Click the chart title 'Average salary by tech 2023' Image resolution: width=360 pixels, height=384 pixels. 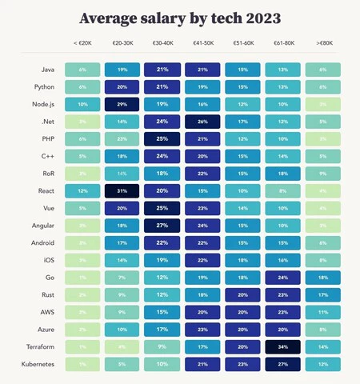pos(180,18)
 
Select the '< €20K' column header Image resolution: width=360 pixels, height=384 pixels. pos(82,44)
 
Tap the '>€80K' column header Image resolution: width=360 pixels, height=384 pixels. pos(322,44)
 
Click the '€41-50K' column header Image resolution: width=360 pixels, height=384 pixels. pos(202,44)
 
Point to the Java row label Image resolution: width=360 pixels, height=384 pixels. pos(44,70)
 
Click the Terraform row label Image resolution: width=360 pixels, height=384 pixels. pos(38,346)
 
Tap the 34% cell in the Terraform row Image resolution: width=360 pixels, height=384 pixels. pos(282,346)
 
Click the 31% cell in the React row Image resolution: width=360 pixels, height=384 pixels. pos(122,191)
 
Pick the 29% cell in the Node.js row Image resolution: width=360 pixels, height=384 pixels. pos(122,104)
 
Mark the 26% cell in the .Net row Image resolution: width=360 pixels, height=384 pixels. pos(202,122)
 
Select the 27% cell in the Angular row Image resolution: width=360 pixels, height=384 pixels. pos(162,226)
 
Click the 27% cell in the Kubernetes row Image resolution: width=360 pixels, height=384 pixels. pos(282,364)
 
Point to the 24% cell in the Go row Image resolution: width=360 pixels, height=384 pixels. pos(282,278)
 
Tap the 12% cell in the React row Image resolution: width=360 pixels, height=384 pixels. pos(82,191)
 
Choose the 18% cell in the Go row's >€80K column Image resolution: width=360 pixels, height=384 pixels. pos(322,278)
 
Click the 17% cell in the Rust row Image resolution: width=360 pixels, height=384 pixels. pos(322,294)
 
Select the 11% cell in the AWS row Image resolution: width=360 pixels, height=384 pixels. pos(322,312)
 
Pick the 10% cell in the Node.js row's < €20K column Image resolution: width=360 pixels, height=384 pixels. pos(82,104)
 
